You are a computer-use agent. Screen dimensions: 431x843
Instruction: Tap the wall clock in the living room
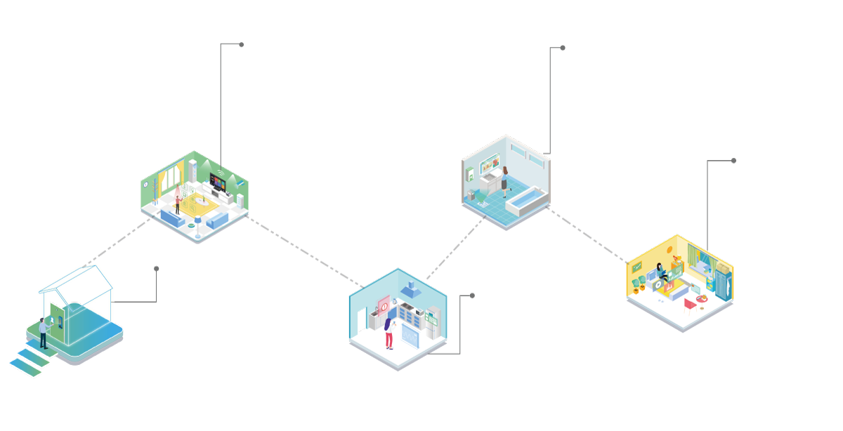pyautogui.click(x=146, y=185)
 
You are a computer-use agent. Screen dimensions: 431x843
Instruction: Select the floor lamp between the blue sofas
pyautogui.click(x=199, y=223)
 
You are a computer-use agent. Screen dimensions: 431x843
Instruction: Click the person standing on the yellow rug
pyautogui.click(x=178, y=204)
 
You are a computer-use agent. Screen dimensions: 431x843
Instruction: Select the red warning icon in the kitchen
pyautogui.click(x=384, y=305)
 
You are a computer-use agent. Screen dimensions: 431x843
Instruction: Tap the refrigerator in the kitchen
pyautogui.click(x=434, y=321)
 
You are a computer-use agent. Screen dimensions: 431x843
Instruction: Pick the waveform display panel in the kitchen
pyautogui.click(x=410, y=334)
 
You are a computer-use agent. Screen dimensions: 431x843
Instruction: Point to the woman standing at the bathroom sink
pyautogui.click(x=504, y=181)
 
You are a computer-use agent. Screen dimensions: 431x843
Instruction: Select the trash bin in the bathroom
pyautogui.click(x=471, y=195)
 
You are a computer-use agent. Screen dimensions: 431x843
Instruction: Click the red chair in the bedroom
pyautogui.click(x=691, y=303)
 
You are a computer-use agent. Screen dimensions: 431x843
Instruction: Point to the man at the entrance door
pyautogui.click(x=44, y=333)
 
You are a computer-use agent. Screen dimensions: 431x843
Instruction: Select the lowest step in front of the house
pyautogui.click(x=25, y=368)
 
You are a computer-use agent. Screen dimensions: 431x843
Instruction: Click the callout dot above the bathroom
pyautogui.click(x=563, y=48)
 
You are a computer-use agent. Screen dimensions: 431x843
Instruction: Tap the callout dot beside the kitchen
pyautogui.click(x=472, y=296)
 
